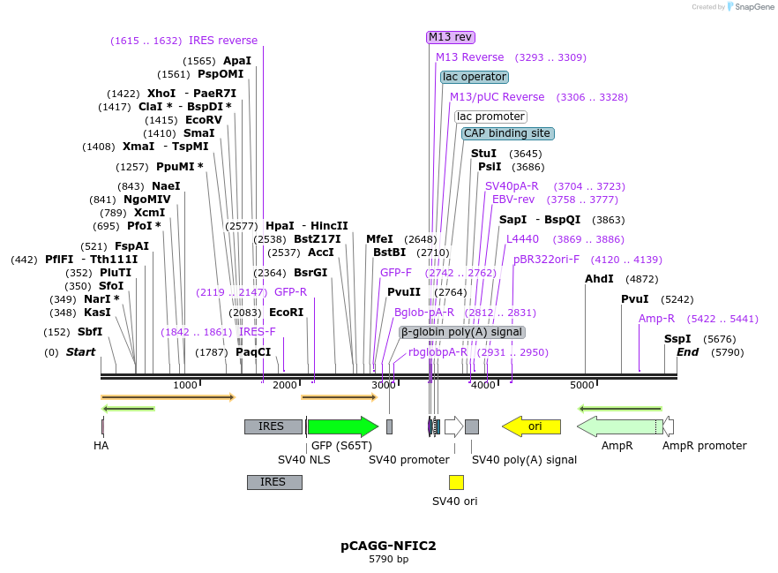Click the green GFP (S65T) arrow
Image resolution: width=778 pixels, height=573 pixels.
[342, 426]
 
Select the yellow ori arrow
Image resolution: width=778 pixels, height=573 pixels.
[531, 426]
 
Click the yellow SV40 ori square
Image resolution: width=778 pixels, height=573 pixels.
[456, 482]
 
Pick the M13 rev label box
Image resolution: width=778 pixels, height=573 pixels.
[451, 37]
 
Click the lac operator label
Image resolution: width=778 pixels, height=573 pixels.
[475, 77]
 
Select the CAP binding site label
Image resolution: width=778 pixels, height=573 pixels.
[507, 133]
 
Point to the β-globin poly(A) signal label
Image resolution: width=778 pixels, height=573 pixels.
[462, 332]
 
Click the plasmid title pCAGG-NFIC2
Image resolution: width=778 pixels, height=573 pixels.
[388, 546]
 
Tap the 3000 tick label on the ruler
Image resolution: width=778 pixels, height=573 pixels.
[384, 385]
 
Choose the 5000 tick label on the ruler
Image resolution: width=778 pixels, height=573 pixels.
[582, 385]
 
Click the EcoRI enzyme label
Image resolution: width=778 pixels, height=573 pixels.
[286, 312]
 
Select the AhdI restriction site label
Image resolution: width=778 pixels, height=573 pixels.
[599, 279]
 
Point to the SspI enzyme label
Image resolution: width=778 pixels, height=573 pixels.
[678, 339]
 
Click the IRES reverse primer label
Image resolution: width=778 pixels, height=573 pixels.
[223, 41]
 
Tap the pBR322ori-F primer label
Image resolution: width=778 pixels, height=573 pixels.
[546, 260]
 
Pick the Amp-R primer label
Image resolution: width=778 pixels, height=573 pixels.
[656, 319]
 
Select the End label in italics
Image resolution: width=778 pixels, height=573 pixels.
[687, 352]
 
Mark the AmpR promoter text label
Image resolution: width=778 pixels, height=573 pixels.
[704, 446]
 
